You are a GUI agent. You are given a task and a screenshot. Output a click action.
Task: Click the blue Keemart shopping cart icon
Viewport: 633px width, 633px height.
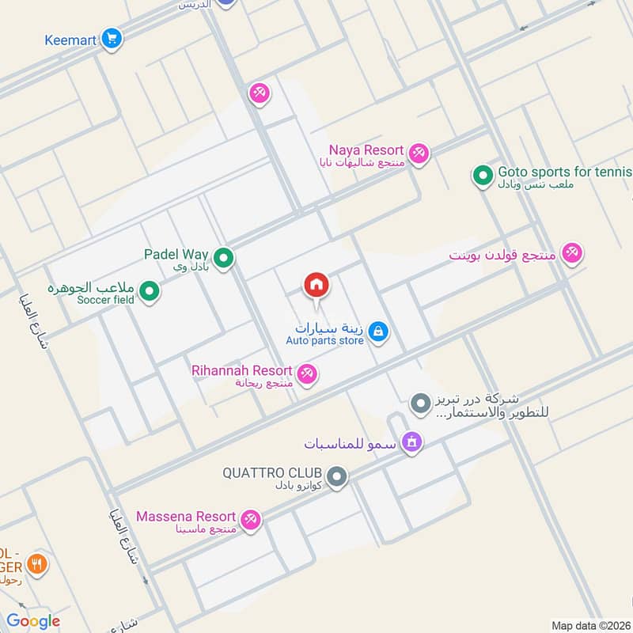[x=111, y=37]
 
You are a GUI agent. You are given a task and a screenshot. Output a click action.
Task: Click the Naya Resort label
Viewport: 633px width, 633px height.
[x=366, y=150]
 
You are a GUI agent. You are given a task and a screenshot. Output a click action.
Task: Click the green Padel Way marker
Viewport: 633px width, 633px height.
[x=224, y=257]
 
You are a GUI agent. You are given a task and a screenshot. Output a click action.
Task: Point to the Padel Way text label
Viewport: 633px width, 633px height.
[x=176, y=254]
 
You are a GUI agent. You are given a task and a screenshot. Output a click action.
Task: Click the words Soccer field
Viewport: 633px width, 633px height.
[x=106, y=300]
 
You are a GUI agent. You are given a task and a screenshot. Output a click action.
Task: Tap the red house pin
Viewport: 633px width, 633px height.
[x=316, y=284]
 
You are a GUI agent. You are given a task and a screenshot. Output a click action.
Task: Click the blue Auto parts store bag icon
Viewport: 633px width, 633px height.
[x=378, y=332]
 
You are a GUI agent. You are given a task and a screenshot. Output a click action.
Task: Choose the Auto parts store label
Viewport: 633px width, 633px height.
[x=324, y=341]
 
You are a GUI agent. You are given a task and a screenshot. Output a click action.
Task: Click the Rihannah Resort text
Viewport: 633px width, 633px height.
[x=241, y=370]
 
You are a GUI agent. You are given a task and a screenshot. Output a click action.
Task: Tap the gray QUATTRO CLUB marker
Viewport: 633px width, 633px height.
[x=337, y=477]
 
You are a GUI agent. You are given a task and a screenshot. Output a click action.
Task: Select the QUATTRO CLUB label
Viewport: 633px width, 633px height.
[x=272, y=473]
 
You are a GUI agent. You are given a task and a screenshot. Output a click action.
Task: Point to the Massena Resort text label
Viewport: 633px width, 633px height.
[x=186, y=517]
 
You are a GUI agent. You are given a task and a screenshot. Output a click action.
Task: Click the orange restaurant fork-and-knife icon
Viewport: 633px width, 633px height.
[x=36, y=564]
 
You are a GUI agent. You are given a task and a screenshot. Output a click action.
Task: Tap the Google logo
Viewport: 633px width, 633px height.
[x=32, y=621]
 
